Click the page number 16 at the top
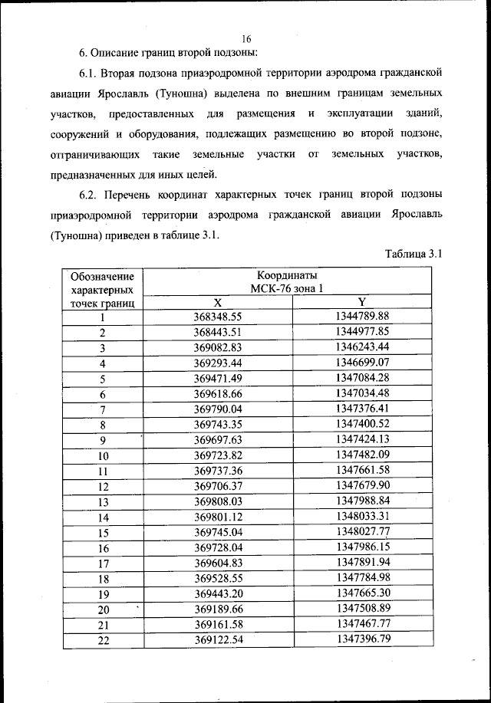(x=246, y=38)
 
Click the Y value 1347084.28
(x=363, y=378)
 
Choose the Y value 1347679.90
(x=363, y=486)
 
